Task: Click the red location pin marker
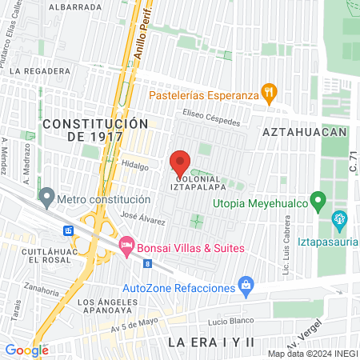click(x=181, y=162)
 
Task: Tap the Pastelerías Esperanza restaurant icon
click(x=270, y=93)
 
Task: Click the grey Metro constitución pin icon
click(x=47, y=196)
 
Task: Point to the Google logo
click(x=26, y=350)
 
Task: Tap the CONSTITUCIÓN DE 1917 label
click(x=95, y=130)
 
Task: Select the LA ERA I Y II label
click(x=210, y=342)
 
